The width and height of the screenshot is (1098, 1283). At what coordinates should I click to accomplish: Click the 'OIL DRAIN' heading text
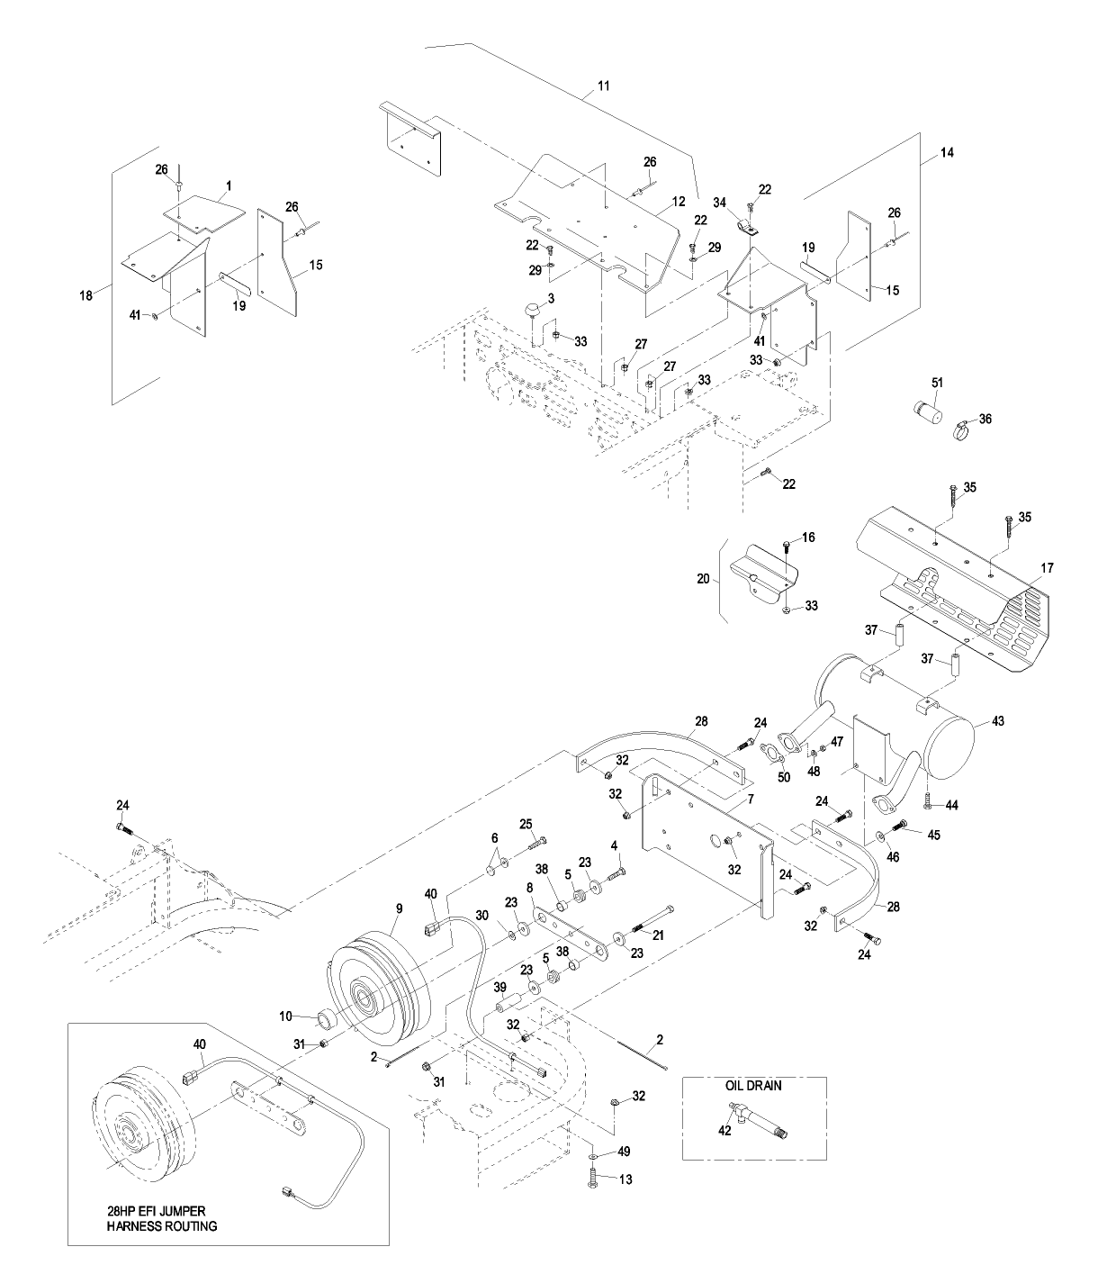(x=753, y=1086)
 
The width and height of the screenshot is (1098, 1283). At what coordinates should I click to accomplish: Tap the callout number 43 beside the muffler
(x=997, y=721)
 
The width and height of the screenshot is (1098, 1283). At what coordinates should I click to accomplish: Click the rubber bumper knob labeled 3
(x=533, y=310)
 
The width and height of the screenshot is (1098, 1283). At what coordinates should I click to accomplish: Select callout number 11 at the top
(x=604, y=86)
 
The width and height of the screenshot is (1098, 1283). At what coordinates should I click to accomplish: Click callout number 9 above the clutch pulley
(x=399, y=908)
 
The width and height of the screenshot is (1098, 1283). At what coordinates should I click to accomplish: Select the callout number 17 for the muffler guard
(x=1047, y=567)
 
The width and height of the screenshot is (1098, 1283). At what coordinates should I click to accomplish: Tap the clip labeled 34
(x=745, y=228)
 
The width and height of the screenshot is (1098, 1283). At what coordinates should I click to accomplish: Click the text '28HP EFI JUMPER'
(x=156, y=1210)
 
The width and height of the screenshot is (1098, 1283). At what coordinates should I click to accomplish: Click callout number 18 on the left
(x=85, y=295)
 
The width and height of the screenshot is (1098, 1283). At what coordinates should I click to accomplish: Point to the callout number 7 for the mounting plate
(x=751, y=799)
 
